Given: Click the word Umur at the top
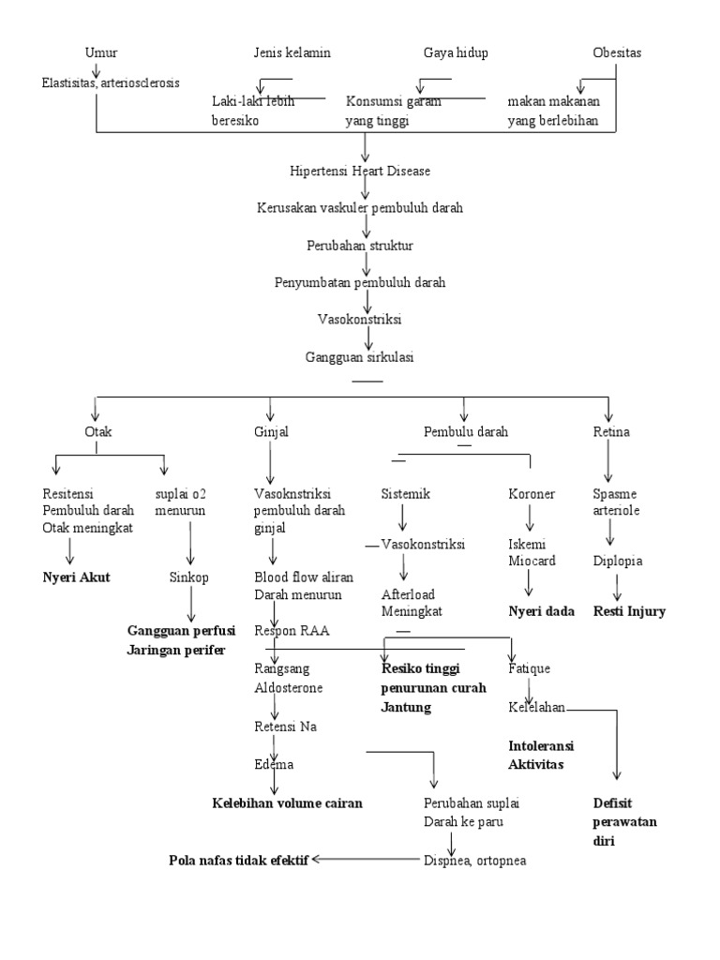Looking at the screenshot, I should [101, 52].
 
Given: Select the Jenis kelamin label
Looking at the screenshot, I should [292, 52].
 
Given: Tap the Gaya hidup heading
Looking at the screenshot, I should [456, 52].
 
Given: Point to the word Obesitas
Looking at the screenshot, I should [617, 52].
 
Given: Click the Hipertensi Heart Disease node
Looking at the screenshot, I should [360, 172].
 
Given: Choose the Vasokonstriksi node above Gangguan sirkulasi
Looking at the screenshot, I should [360, 319].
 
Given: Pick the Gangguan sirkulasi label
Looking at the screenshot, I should [360, 357].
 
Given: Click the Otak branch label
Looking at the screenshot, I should [98, 432].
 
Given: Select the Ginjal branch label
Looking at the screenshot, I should [271, 432].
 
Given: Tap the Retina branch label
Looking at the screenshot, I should [611, 432].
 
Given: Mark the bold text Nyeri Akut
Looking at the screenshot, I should [76, 577].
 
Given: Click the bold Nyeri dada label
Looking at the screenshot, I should [541, 612].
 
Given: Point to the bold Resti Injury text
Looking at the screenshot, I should [629, 612].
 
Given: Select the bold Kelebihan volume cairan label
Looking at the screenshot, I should [286, 803].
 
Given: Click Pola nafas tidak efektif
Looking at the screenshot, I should [239, 860].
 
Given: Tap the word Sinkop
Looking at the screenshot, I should [189, 577].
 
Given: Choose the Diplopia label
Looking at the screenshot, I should [618, 562].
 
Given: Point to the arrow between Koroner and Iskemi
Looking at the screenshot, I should [531, 518].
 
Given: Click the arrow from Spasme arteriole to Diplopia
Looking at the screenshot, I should [610, 533].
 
